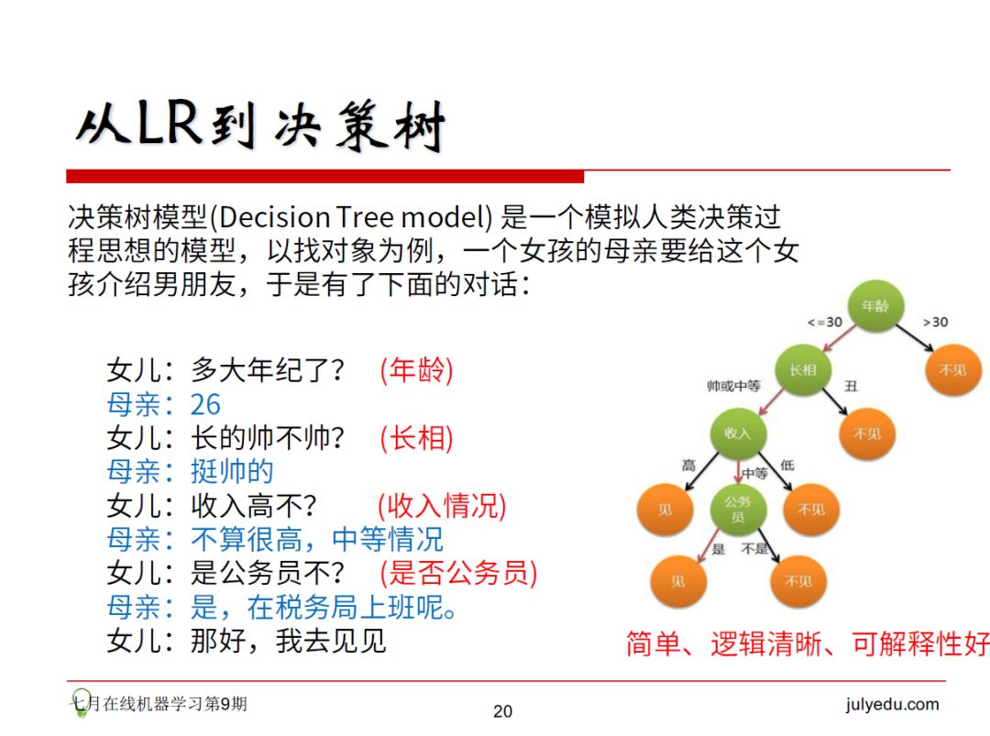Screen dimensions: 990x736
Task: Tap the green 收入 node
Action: coord(737,433)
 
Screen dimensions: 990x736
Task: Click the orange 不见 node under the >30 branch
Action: coord(952,370)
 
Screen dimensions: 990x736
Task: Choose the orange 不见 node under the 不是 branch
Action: coord(797,581)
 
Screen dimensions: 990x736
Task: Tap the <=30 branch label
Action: coord(824,323)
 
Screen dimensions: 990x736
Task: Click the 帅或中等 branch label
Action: coord(733,386)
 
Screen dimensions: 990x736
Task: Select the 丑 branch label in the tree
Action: coord(851,386)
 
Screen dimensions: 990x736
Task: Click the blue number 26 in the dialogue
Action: coord(205,404)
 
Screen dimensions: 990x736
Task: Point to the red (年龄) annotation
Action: coord(416,370)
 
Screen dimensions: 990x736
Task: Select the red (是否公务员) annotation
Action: coord(458,573)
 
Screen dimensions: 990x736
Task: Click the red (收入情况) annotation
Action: coord(442,505)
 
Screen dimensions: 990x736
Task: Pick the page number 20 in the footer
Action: coord(503,711)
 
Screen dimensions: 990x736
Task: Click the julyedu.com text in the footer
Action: coord(892,705)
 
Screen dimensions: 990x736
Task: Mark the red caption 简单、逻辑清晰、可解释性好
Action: coord(807,643)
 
